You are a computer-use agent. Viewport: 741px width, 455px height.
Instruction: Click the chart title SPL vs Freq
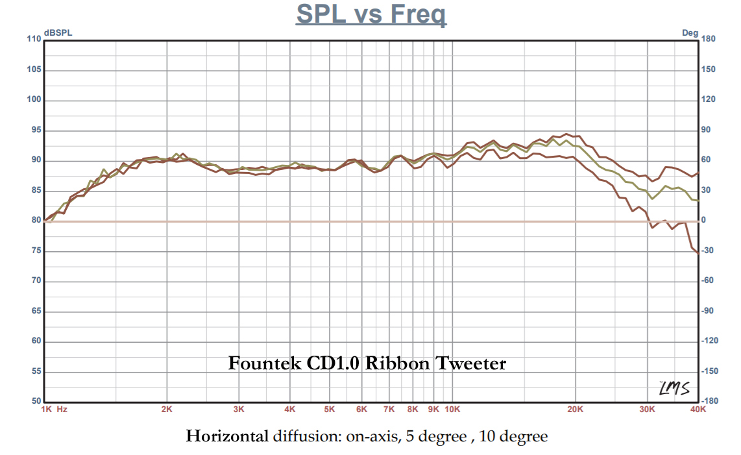(370, 14)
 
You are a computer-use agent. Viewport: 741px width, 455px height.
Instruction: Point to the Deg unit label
(690, 33)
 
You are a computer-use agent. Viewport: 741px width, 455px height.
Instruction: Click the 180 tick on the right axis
(709, 40)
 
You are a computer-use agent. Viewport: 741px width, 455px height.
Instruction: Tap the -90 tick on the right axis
(709, 311)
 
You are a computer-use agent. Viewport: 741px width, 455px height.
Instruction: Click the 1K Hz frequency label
(55, 410)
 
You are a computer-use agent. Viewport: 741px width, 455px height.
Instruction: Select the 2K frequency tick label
(167, 410)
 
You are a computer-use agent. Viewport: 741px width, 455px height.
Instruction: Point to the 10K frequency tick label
(452, 410)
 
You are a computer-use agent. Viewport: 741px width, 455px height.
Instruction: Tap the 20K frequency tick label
(576, 410)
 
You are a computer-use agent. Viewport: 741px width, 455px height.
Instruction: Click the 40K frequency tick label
(698, 410)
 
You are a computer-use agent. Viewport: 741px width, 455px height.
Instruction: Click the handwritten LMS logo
(673, 388)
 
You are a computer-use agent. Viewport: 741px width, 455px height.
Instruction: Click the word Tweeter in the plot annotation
(471, 363)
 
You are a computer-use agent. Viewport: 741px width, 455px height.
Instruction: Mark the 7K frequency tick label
(389, 410)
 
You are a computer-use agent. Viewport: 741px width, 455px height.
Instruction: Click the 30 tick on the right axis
(707, 190)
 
